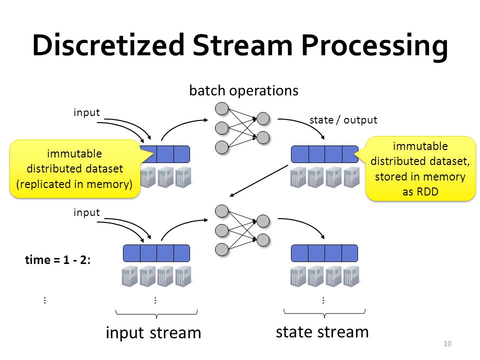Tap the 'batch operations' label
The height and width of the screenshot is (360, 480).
click(x=243, y=90)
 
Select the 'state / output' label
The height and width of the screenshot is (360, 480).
click(x=343, y=119)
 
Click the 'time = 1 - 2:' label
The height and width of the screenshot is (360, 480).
click(x=58, y=259)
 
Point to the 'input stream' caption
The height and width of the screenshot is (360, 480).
click(x=153, y=333)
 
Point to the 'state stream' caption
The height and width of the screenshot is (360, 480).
click(x=322, y=332)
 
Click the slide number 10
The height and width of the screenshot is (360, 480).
click(x=447, y=343)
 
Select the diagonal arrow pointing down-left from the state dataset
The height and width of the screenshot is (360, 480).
click(x=259, y=180)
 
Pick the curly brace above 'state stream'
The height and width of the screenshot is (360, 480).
click(x=324, y=313)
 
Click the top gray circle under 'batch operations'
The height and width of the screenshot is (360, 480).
click(x=221, y=108)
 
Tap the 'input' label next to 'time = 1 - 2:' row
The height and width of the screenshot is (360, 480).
click(x=86, y=212)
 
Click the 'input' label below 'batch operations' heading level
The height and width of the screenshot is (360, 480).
click(x=86, y=112)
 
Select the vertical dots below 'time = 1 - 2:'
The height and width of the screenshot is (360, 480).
click(x=45, y=300)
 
